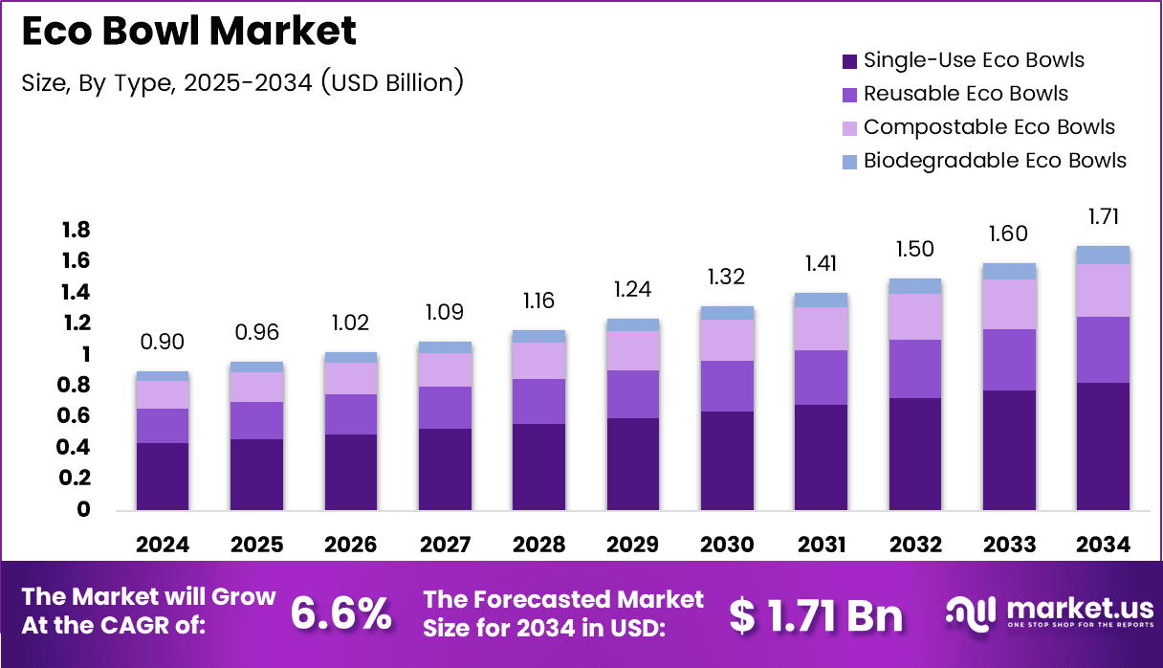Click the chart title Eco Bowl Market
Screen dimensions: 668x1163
188,33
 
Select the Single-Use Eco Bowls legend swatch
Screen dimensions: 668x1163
850,61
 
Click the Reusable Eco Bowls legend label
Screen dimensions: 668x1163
965,94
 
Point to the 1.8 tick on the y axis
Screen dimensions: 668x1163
76,230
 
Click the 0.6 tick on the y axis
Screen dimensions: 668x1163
76,416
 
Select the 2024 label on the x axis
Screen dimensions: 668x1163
163,545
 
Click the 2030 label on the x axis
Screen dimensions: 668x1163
727,545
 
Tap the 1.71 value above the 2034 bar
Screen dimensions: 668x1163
1103,215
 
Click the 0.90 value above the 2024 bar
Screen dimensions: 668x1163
163,342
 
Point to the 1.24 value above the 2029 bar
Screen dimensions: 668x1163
632,289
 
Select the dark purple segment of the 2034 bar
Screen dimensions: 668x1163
1103,445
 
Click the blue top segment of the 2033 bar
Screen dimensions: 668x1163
1009,271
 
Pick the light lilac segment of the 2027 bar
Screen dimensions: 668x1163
445,369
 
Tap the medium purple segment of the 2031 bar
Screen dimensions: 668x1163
821,377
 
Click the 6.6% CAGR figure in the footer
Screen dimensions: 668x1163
340,614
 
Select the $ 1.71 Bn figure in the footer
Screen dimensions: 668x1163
816,615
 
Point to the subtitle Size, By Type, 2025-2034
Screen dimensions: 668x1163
242,82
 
